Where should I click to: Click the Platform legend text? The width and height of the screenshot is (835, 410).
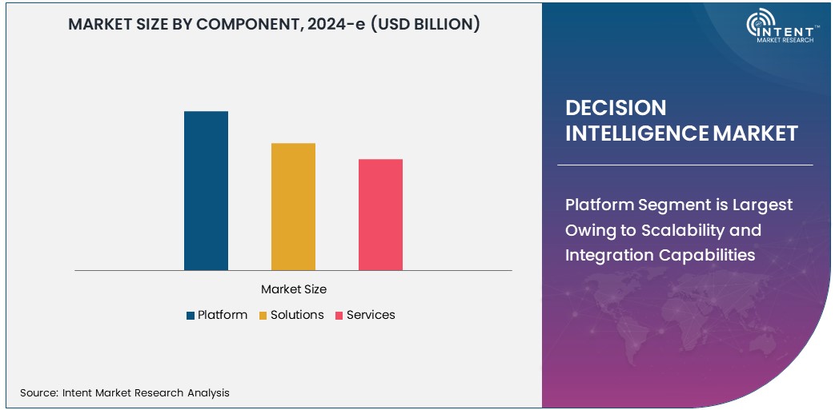[x=223, y=315]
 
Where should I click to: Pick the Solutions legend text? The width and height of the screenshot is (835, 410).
[x=297, y=315]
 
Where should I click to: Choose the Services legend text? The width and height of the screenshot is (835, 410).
[x=371, y=315]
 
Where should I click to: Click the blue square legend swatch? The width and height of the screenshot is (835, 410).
[x=191, y=316]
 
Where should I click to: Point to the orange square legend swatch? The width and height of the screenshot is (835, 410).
[x=263, y=316]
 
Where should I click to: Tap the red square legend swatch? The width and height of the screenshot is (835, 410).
[x=339, y=316]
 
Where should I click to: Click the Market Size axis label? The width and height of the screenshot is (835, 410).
[x=294, y=289]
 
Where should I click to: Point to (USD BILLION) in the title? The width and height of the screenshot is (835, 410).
[x=428, y=24]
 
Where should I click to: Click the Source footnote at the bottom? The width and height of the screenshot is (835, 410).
[x=125, y=392]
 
